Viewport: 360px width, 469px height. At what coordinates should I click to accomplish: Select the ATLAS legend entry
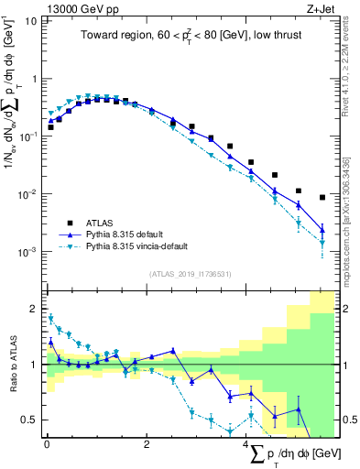pos(94,223)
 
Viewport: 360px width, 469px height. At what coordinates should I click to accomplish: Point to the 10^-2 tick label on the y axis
pos(27,193)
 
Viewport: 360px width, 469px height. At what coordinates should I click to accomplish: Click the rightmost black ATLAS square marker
pos(322,197)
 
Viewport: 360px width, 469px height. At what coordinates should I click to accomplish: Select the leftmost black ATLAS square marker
pos(50,127)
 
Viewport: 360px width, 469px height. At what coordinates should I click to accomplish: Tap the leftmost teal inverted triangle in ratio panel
pos(50,318)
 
